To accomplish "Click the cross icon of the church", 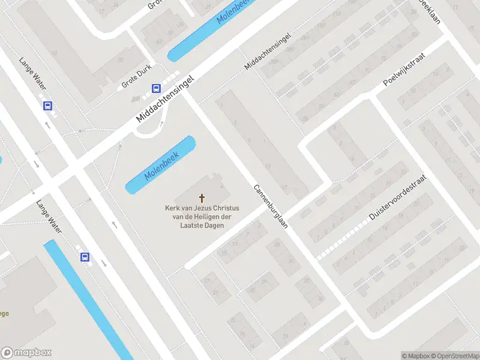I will point(202,198).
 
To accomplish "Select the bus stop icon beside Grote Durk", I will point(156,89).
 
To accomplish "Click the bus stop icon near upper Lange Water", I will point(47,106).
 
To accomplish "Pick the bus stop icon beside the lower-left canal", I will point(85,257).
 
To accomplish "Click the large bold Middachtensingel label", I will point(166,100).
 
